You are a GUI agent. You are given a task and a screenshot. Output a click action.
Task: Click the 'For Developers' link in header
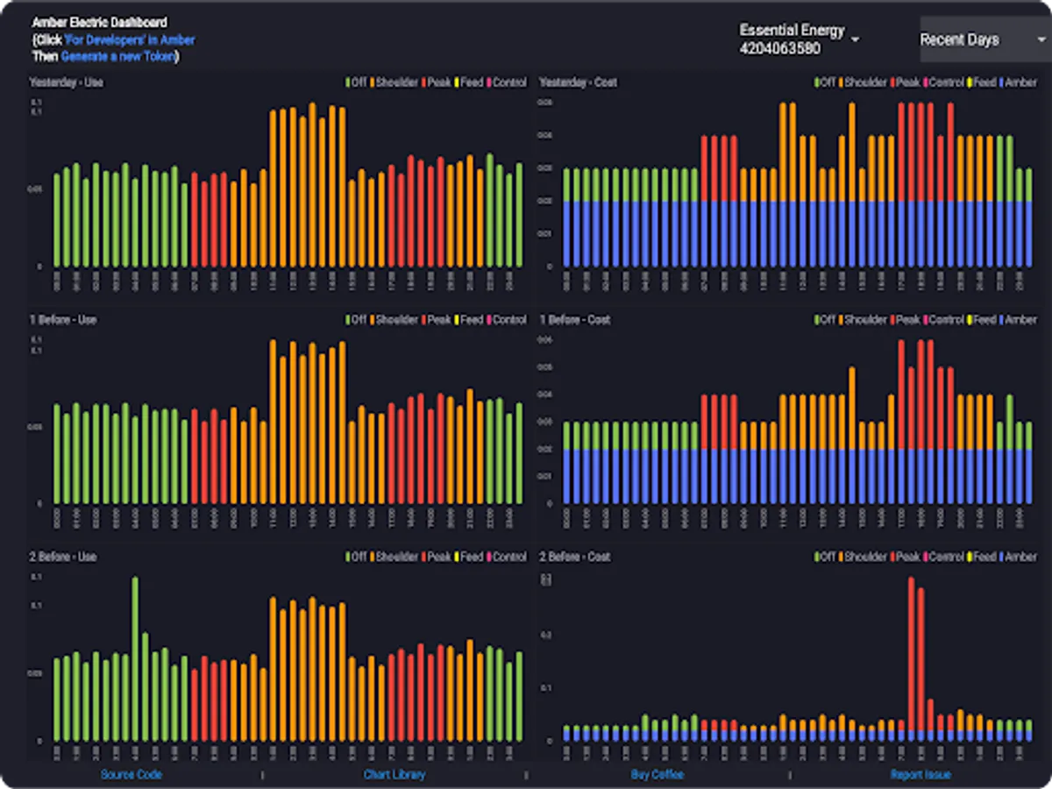130,39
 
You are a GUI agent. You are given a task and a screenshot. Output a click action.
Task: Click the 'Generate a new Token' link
118,56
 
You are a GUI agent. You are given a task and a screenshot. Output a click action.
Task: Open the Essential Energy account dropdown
798,39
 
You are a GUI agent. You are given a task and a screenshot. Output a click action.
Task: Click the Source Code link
131,774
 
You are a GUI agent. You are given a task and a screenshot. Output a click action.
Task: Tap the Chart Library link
394,774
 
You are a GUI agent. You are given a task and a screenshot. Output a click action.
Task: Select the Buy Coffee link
657,774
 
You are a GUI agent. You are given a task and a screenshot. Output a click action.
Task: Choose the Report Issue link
920,774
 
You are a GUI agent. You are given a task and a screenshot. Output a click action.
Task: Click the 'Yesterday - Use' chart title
67,82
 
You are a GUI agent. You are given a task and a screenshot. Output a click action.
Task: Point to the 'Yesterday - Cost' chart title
578,82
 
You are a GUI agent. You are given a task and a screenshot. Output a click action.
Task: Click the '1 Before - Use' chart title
63,320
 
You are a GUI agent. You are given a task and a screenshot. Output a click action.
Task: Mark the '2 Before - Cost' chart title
574,557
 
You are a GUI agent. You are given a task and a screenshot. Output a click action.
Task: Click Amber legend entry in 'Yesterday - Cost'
1020,82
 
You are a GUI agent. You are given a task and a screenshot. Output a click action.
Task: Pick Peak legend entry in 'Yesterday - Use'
438,82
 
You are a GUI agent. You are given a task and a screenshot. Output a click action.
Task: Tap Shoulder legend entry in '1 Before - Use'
396,320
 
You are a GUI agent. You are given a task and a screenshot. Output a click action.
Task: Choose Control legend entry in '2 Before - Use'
508,557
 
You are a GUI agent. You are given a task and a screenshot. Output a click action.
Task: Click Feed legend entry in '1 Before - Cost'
984,320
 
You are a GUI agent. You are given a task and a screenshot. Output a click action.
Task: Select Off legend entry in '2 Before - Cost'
826,557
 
